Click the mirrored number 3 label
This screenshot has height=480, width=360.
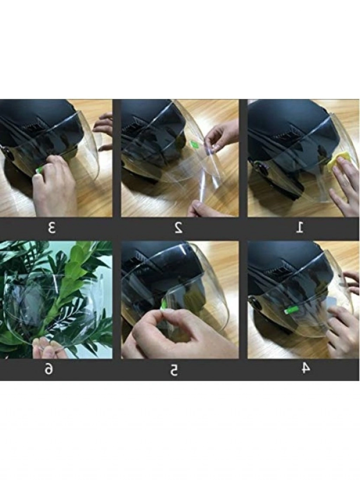(52, 228)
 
